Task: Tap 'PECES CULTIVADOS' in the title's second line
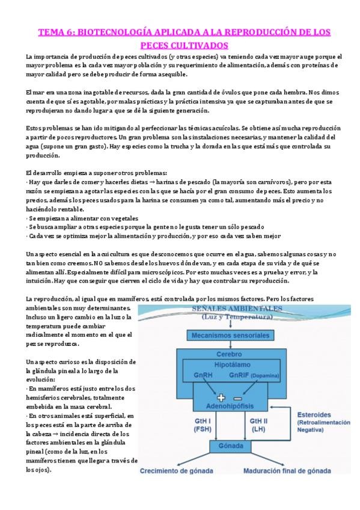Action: tap(180, 45)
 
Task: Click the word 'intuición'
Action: tap(43, 263)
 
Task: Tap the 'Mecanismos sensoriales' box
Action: tap(232, 334)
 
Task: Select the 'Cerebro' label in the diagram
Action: tap(232, 354)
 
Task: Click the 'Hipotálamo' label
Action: tap(232, 364)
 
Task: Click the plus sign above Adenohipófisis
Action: tap(221, 398)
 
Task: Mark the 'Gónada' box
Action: tap(232, 446)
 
